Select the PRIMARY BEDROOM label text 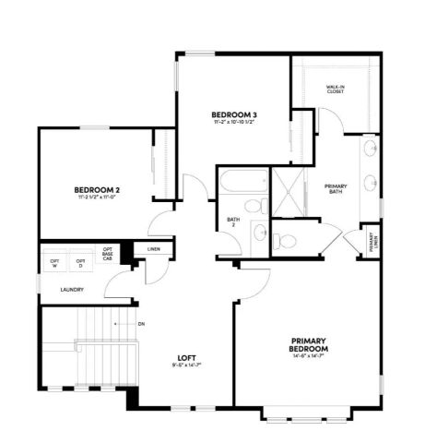[x=310, y=343]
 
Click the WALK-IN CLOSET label [x=336, y=90]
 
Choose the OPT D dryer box [x=81, y=262]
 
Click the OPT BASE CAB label [x=109, y=254]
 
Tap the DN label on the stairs [x=141, y=325]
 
